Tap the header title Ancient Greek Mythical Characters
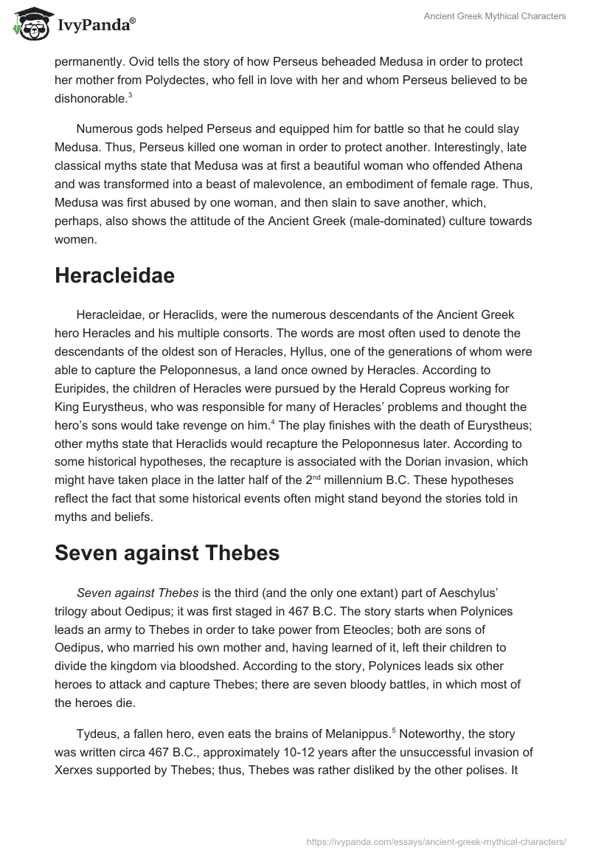495,17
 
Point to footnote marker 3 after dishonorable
130,94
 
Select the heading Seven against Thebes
167,553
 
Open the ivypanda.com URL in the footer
437,841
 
